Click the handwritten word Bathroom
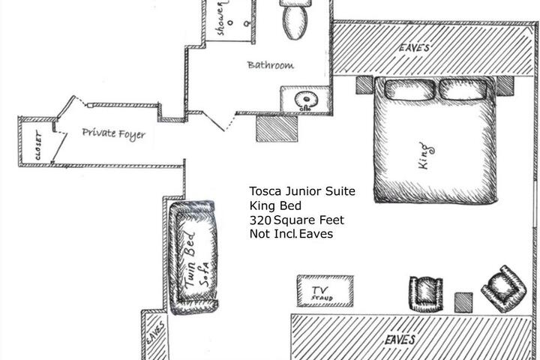click(x=271, y=65)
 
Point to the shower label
click(x=221, y=18)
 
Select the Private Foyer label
click(x=114, y=133)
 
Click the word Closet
click(x=38, y=145)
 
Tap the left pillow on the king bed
click(x=409, y=89)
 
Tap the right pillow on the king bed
click(x=463, y=89)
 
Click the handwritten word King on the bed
click(x=426, y=156)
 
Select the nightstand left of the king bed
click(x=364, y=85)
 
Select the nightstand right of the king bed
click(x=505, y=85)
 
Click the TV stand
click(x=325, y=291)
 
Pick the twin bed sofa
click(x=194, y=257)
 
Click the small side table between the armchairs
click(x=463, y=302)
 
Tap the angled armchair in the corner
click(x=504, y=289)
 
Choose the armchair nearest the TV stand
click(x=426, y=293)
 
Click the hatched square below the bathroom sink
click(x=277, y=128)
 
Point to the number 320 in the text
click(x=260, y=220)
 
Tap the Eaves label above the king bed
click(x=414, y=47)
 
